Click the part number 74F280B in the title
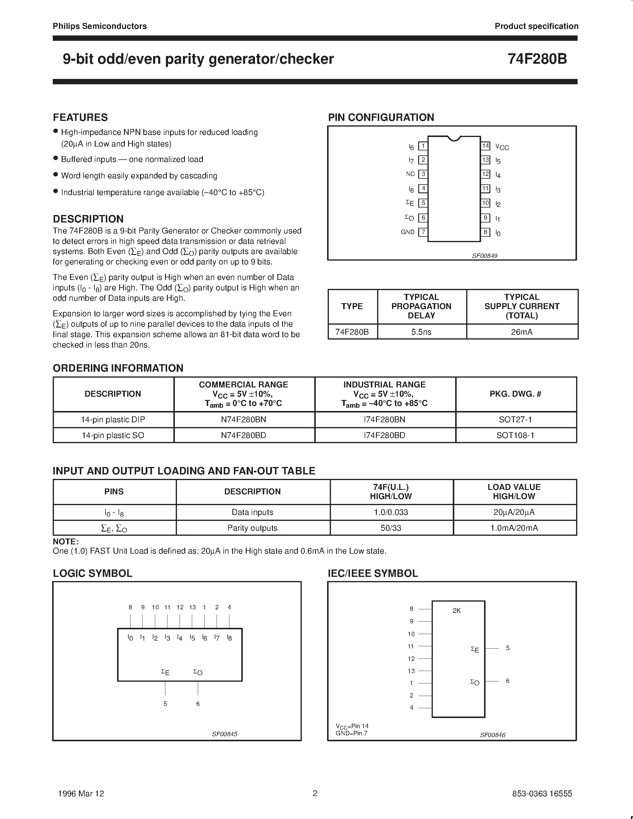[537, 59]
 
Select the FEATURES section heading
[80, 117]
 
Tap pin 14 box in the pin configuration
[486, 146]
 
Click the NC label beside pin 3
[410, 174]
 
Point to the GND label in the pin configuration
[408, 232]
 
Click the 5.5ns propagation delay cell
[421, 332]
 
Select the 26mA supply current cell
[522, 332]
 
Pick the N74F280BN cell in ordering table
[243, 420]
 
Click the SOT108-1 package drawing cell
[515, 435]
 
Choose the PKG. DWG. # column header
[515, 394]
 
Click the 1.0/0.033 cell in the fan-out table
[391, 512]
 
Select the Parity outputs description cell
[252, 528]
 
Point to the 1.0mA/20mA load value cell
[514, 528]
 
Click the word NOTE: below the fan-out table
[66, 541]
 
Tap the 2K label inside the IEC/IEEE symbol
[457, 611]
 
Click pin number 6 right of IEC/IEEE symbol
[508, 681]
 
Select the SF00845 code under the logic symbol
[225, 734]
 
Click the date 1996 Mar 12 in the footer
[81, 793]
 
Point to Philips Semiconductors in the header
[100, 26]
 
